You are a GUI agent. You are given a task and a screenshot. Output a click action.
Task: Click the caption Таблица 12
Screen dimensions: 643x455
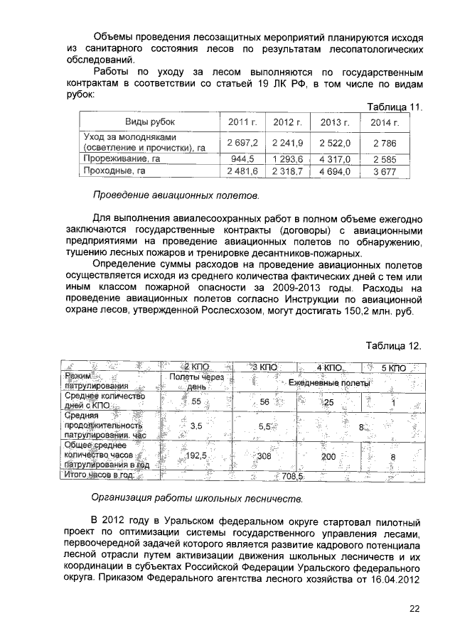click(x=394, y=346)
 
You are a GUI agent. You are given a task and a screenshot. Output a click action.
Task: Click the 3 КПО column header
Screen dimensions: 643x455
click(x=264, y=368)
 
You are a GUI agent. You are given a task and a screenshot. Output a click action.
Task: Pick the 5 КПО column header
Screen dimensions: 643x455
click(x=393, y=368)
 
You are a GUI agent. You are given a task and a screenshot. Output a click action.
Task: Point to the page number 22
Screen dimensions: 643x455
click(x=415, y=609)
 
